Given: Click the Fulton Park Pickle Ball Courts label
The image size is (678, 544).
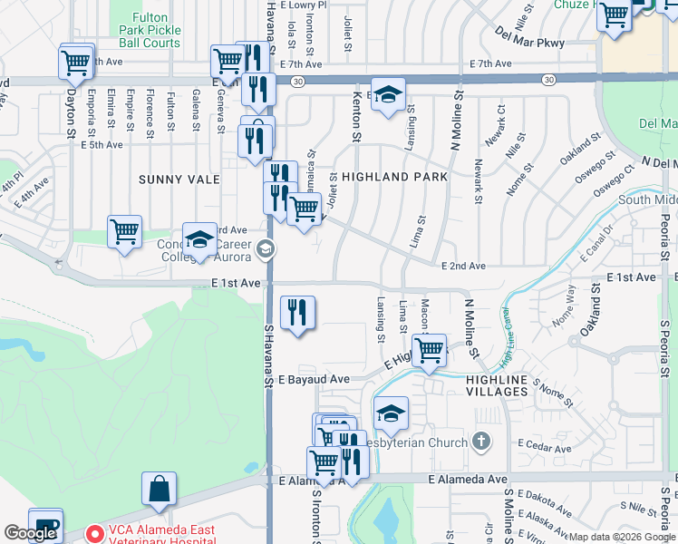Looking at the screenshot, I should click(150, 30).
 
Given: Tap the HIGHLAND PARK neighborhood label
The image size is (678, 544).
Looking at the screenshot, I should click(394, 177).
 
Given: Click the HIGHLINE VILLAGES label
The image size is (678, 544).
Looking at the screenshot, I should click(497, 384).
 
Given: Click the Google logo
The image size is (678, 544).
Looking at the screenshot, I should click(30, 533).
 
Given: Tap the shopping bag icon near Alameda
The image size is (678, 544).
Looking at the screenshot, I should click(159, 490).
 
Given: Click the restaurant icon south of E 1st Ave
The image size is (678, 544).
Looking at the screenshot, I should click(297, 314).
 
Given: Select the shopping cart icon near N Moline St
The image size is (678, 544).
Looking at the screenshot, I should click(430, 349).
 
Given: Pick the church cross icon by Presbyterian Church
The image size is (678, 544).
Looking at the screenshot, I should click(481, 442).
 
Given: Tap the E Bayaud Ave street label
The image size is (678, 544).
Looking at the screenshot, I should click(314, 379).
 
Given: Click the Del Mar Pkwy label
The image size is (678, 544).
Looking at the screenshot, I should click(530, 43).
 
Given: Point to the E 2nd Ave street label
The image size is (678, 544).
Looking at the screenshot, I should click(463, 267).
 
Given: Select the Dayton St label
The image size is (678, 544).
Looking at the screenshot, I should click(70, 112).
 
